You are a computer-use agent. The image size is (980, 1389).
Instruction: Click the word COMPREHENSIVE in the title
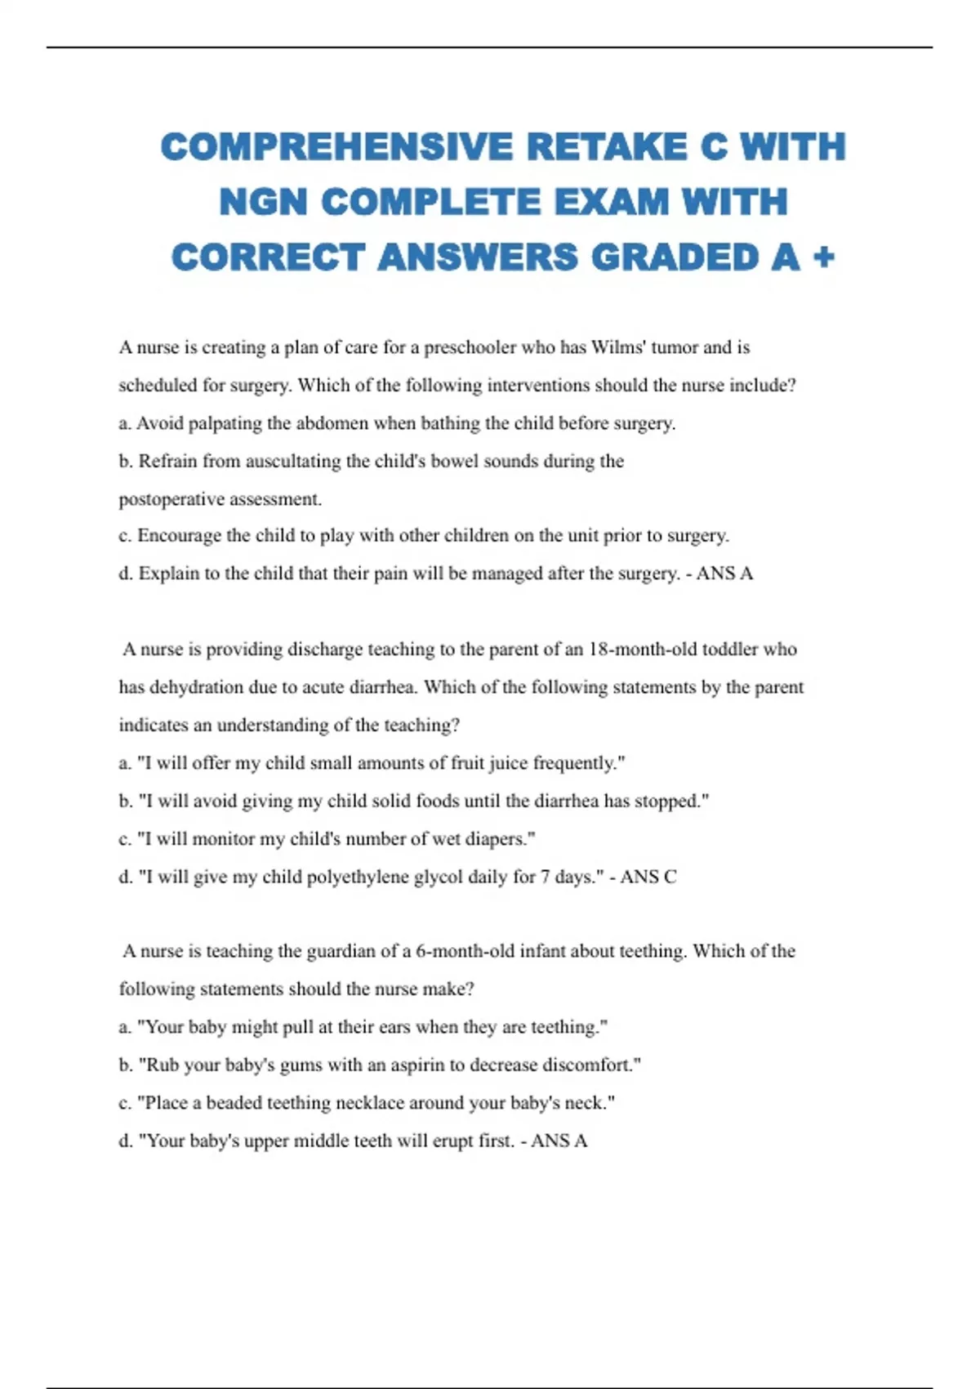pos(336,147)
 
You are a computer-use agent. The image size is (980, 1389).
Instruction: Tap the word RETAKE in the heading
pos(606,147)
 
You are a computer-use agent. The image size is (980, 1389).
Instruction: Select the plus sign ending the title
pos(824,257)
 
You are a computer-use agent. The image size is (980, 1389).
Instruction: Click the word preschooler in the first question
pos(470,347)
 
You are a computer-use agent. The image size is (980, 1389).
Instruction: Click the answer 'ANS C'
pos(648,877)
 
